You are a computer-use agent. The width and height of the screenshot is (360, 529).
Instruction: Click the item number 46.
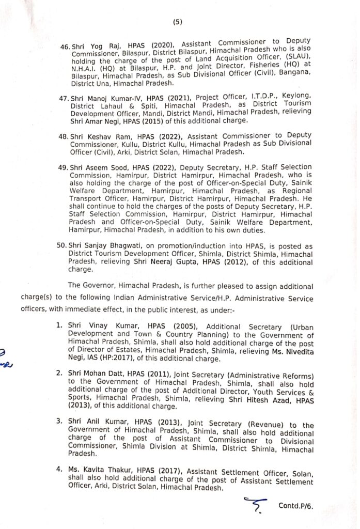(65, 47)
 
